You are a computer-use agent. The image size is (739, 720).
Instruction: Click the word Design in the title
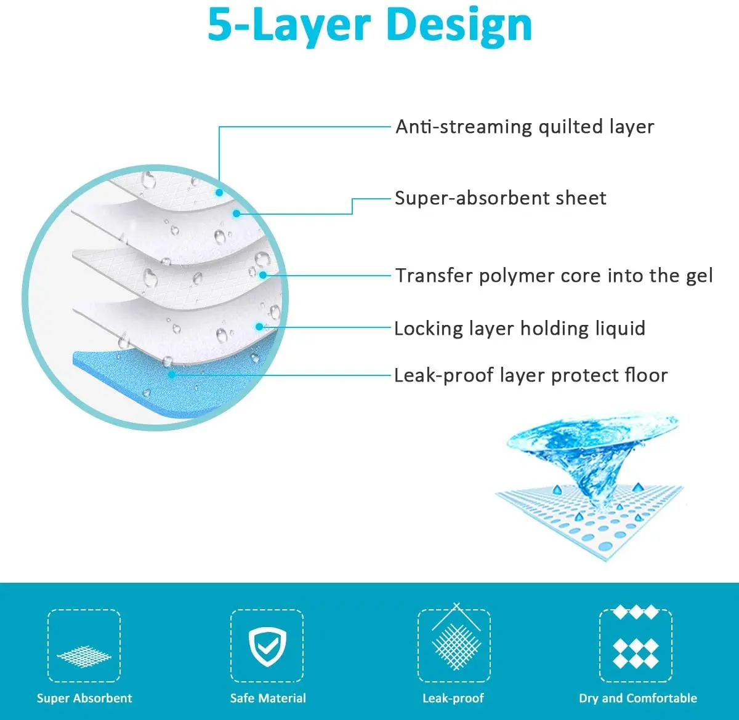pos(459,26)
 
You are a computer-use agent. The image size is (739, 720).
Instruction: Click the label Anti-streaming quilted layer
pos(524,127)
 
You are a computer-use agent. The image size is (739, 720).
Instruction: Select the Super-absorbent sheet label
pos(500,198)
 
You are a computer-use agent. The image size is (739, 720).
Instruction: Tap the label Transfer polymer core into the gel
pos(554,276)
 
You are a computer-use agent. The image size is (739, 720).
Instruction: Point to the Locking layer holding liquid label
pos(519,328)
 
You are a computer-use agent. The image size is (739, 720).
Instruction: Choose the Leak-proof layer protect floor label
pos(531,375)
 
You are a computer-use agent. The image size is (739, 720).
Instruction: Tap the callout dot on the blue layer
pos(172,374)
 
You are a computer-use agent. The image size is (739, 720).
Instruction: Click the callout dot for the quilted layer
pos(219,192)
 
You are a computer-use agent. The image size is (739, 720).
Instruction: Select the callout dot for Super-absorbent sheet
pos(236,214)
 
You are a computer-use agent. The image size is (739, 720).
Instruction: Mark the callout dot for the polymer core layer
pos(263,275)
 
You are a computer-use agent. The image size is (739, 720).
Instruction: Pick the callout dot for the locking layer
pos(259,327)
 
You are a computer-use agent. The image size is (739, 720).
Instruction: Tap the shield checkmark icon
pos(267,644)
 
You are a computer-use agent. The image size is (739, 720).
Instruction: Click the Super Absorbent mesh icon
pos(84,656)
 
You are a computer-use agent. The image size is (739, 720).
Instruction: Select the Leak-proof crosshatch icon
pos(456,644)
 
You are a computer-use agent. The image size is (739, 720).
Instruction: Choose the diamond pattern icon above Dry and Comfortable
pos(636,646)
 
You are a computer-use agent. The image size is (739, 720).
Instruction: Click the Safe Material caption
pos(268,698)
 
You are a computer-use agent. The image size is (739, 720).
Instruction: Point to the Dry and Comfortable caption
pos(637,698)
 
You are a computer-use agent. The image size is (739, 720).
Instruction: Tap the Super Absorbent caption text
pos(84,698)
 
